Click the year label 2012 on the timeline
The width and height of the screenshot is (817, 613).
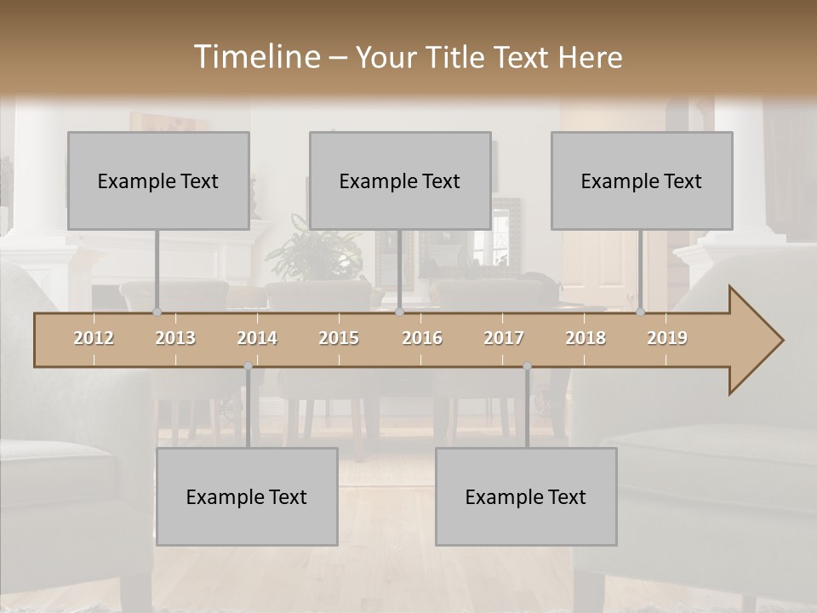click(x=94, y=338)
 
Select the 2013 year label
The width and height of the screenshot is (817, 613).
click(x=175, y=338)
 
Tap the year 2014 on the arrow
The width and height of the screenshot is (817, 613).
click(x=257, y=338)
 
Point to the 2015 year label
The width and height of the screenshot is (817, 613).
click(x=339, y=338)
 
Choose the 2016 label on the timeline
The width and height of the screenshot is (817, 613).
click(x=422, y=338)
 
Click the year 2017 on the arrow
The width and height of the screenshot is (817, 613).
click(x=504, y=338)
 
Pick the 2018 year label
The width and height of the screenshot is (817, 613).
click(x=586, y=338)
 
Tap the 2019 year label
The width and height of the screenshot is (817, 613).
click(x=667, y=338)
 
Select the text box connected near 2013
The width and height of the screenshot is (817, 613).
click(x=158, y=180)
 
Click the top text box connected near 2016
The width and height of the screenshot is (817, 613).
click(x=400, y=180)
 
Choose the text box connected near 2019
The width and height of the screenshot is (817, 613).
click(x=642, y=180)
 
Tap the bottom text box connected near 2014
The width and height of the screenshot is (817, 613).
click(x=247, y=496)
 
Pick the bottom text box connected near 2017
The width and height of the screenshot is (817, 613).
click(x=526, y=496)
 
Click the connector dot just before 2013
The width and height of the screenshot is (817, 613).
click(x=157, y=312)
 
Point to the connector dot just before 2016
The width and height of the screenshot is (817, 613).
click(x=400, y=312)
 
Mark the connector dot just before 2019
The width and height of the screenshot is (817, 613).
click(x=641, y=312)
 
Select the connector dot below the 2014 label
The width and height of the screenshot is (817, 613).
click(x=248, y=366)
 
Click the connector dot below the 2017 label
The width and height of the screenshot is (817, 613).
click(x=527, y=366)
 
